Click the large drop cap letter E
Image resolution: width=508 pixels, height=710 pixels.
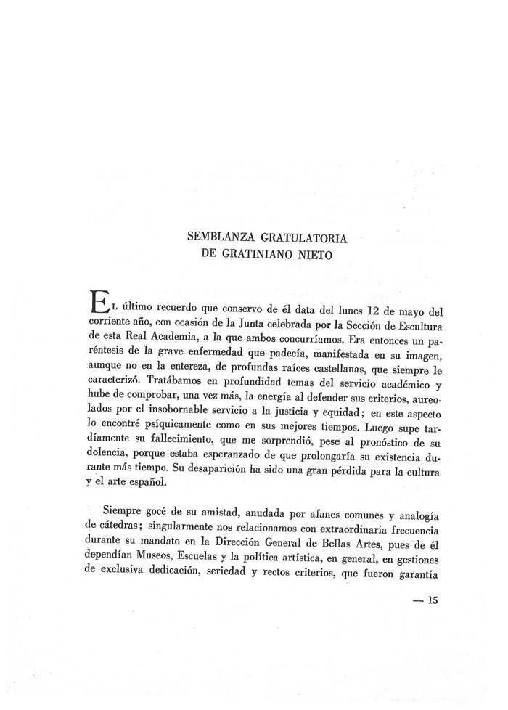tap(97, 302)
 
